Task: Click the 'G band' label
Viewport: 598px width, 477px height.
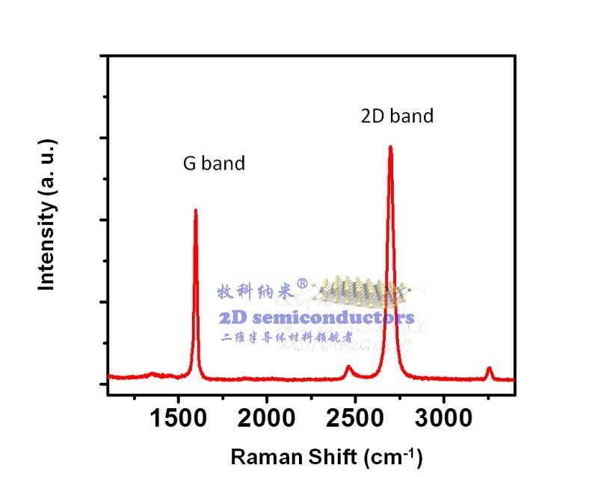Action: [x=214, y=164]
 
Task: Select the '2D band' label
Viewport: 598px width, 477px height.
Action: [x=397, y=117]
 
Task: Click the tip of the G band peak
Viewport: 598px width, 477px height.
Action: [x=196, y=210]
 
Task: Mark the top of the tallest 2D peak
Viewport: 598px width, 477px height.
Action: [x=390, y=147]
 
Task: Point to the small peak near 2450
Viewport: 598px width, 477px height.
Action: [x=348, y=366]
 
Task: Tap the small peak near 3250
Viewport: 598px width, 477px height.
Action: [x=489, y=368]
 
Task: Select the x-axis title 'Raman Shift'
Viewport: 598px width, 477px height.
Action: [x=286, y=456]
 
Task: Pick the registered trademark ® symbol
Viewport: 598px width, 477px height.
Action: [x=302, y=284]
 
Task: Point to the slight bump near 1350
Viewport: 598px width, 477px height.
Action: [x=152, y=373]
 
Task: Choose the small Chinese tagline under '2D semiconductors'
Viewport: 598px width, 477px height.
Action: [x=287, y=337]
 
